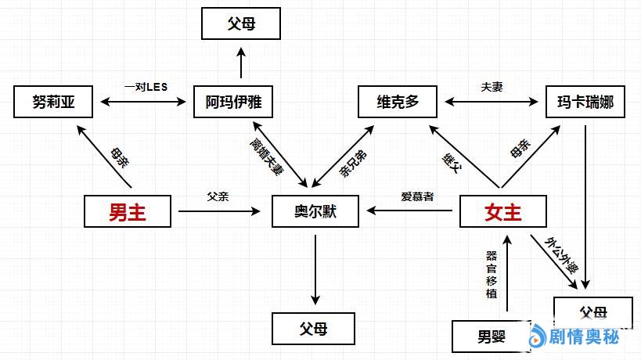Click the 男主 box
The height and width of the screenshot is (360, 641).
pyautogui.click(x=128, y=211)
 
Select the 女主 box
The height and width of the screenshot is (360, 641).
pyautogui.click(x=502, y=211)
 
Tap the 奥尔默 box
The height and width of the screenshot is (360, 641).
pyautogui.click(x=315, y=211)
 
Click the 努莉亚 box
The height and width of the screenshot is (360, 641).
pyautogui.click(x=53, y=103)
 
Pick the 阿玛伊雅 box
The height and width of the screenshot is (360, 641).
pyautogui.click(x=233, y=103)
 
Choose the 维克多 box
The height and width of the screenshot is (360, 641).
pyautogui.click(x=398, y=103)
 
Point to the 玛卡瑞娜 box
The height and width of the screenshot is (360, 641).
pyautogui.click(x=585, y=103)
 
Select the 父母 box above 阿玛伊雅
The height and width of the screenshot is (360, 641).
pyautogui.click(x=241, y=23)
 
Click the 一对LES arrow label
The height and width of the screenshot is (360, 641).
pyautogui.click(x=146, y=86)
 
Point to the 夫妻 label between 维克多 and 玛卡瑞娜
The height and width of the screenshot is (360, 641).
pyautogui.click(x=492, y=86)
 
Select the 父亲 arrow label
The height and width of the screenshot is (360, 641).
pyautogui.click(x=218, y=196)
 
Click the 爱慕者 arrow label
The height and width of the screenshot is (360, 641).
pyautogui.click(x=417, y=196)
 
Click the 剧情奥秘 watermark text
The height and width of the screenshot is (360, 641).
pyautogui.click(x=584, y=337)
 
